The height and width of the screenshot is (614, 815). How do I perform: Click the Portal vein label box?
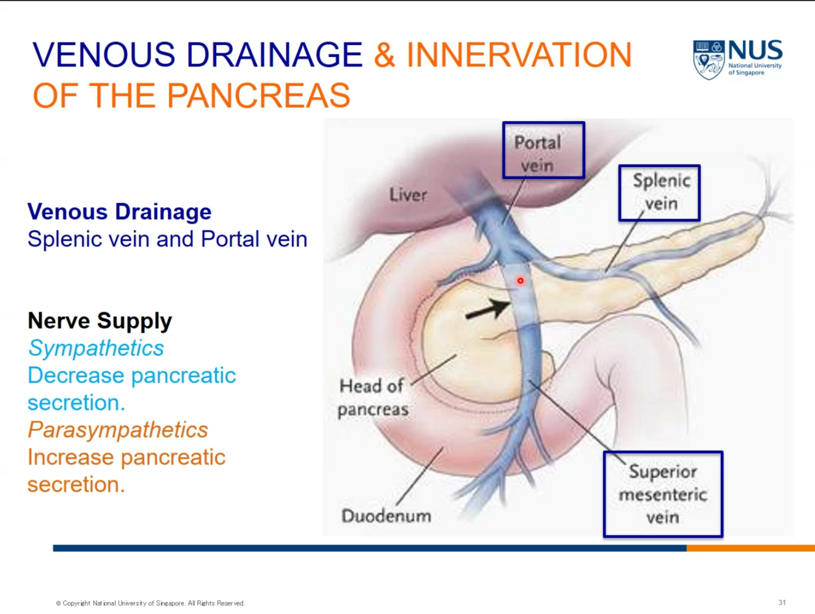543,150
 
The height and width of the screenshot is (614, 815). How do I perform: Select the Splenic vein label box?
659,192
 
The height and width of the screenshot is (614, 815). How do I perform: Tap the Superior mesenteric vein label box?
663,494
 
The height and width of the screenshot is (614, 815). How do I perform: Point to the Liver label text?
408,195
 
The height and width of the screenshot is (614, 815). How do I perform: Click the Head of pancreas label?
373,397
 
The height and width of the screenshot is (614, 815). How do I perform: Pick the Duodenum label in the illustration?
386,516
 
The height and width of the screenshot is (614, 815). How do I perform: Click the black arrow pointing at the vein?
488,310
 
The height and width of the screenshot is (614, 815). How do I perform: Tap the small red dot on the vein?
521,281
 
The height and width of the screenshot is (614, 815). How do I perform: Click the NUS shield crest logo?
708,60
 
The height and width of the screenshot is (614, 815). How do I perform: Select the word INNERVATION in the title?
519,55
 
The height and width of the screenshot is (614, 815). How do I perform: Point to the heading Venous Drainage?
120,212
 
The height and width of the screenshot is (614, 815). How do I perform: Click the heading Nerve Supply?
100,320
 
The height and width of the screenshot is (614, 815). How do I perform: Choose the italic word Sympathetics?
96,348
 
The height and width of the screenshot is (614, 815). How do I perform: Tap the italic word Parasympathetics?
118,430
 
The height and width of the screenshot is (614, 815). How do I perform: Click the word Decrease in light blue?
72,375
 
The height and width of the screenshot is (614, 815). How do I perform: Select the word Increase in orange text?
67,457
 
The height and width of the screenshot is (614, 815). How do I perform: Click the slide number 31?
782,602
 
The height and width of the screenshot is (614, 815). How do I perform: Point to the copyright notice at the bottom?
150,603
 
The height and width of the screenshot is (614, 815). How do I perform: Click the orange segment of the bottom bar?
750,548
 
